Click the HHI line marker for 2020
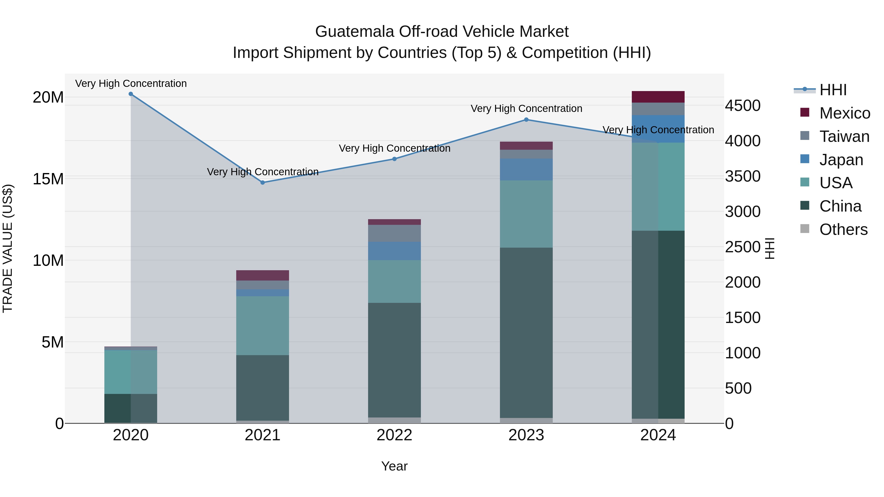point(131,94)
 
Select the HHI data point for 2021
point(262,182)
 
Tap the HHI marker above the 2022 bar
point(394,159)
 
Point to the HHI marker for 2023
point(526,120)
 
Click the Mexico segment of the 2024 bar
point(658,97)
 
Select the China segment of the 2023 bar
point(526,333)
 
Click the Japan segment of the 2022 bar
point(394,251)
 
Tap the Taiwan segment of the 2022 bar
point(394,233)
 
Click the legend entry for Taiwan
point(844,136)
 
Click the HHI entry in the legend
point(833,90)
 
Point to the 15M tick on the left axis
point(48,179)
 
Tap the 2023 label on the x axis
point(526,435)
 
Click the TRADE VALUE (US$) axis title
point(8,248)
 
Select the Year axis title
point(394,466)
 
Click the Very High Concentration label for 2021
point(262,172)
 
